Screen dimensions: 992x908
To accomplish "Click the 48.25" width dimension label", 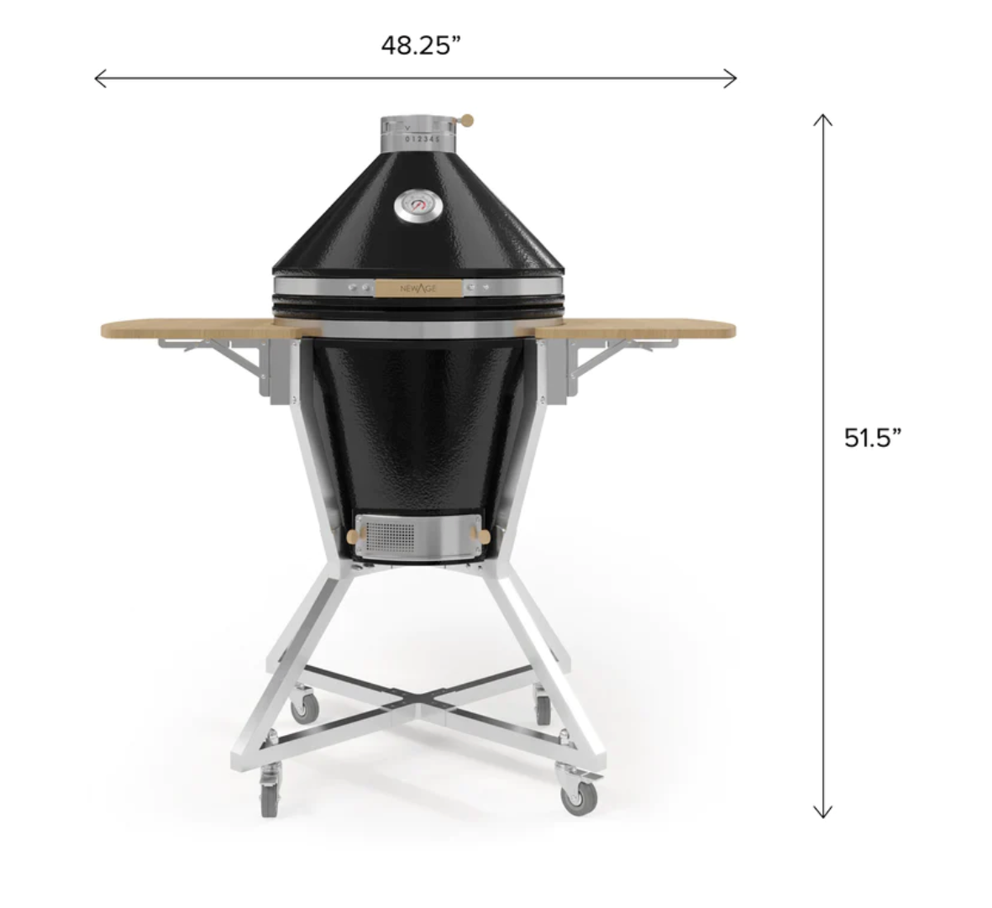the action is point(421,45).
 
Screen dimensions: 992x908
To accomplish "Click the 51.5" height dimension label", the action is point(873,438).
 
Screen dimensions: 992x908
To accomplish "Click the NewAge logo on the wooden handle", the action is point(418,289).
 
